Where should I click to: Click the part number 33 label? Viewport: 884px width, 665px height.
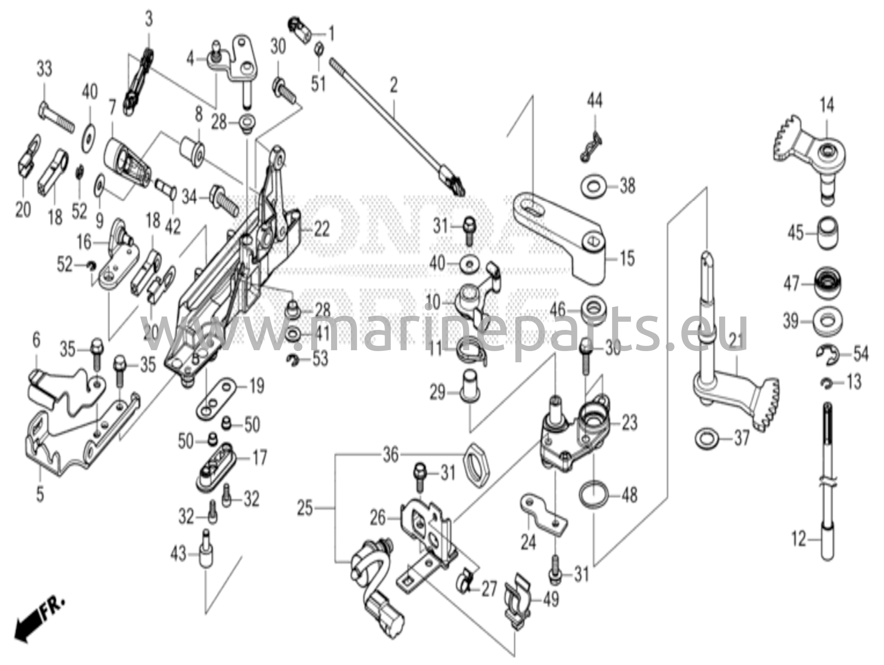tap(44, 69)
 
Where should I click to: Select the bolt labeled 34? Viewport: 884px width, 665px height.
tap(224, 201)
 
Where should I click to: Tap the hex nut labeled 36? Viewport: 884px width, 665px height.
tap(477, 470)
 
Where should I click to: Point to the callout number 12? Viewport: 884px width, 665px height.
tap(799, 539)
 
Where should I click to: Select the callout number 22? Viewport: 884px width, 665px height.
tap(322, 229)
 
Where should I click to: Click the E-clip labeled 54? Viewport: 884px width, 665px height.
tap(827, 354)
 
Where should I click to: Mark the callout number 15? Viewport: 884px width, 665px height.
tap(627, 259)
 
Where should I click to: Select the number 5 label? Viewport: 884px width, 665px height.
tap(40, 494)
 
